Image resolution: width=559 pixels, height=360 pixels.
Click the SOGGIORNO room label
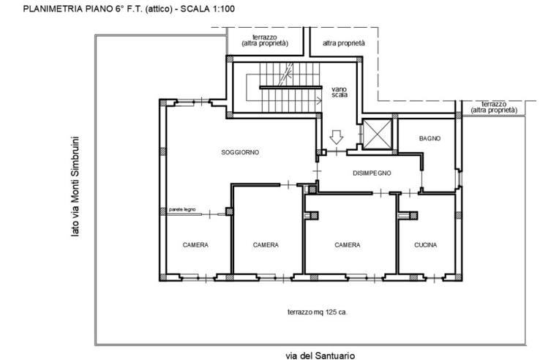point(240,152)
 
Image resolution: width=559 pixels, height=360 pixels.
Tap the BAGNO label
point(429,138)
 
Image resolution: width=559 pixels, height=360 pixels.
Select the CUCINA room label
point(425,245)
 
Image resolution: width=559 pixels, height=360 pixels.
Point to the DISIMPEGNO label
point(372,173)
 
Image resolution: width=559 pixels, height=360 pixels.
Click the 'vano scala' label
point(339,92)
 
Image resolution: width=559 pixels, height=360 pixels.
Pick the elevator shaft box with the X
point(378,134)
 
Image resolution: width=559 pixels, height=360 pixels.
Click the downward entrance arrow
point(336,138)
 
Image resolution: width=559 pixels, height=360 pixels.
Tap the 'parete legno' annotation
point(182,209)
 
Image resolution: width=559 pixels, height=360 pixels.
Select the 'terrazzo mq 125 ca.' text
point(318,312)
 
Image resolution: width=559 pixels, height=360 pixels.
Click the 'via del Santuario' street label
point(320,356)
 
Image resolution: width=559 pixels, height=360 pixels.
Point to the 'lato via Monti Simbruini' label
point(75,186)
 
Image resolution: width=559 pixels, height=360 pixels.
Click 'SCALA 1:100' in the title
point(208,9)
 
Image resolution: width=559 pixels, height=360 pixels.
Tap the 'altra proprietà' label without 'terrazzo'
point(344,43)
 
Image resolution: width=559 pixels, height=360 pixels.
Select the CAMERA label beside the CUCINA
point(348,245)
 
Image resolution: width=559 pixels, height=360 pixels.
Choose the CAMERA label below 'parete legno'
point(195,245)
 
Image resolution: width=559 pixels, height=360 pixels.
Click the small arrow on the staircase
point(318,101)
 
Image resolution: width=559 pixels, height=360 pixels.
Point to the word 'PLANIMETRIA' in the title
point(53,9)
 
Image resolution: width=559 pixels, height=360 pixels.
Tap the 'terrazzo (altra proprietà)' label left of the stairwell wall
point(265,40)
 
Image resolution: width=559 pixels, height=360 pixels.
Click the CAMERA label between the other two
point(266,245)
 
